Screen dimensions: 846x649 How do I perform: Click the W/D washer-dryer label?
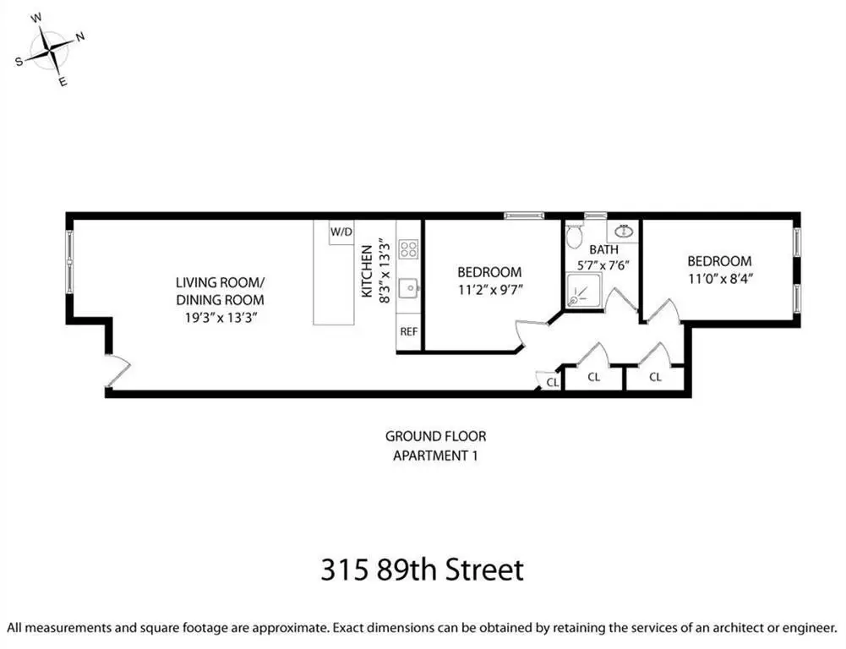(341, 232)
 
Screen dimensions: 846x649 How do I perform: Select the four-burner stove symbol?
(408, 249)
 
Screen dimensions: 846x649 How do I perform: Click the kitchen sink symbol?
(410, 288)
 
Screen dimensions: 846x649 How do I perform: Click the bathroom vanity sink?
(624, 232)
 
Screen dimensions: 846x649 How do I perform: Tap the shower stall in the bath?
(582, 292)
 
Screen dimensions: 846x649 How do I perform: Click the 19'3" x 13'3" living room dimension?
(220, 318)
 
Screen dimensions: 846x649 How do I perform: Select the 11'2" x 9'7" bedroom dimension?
(490, 290)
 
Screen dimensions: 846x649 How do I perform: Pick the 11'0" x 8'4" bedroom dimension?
(720, 279)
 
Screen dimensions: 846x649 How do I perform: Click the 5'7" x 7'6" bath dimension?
(603, 265)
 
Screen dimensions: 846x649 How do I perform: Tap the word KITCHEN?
(367, 270)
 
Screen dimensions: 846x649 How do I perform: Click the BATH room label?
(603, 250)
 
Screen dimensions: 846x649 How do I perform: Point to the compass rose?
(50, 50)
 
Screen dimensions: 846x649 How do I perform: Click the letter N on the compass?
(79, 36)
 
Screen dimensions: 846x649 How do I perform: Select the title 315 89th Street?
(423, 570)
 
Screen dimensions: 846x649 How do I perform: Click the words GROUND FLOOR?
(435, 436)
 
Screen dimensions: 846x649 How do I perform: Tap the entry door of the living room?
(117, 371)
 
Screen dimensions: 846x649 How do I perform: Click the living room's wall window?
(69, 262)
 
